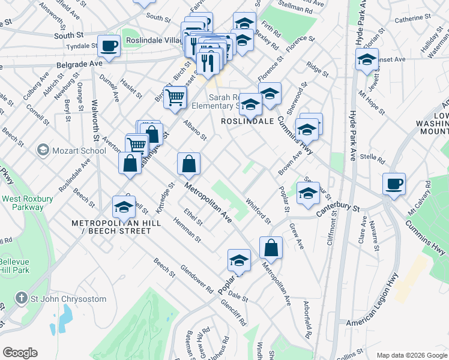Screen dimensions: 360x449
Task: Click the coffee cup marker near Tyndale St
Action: point(109,45)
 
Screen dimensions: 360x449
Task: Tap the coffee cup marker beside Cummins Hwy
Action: point(394,183)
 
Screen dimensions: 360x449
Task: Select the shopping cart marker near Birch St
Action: point(175,96)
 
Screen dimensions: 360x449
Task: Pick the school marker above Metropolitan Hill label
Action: point(124,206)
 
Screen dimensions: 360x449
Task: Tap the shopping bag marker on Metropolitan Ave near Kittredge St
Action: point(188,163)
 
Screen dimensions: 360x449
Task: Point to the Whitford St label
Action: point(259,211)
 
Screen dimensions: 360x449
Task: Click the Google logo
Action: point(20,353)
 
